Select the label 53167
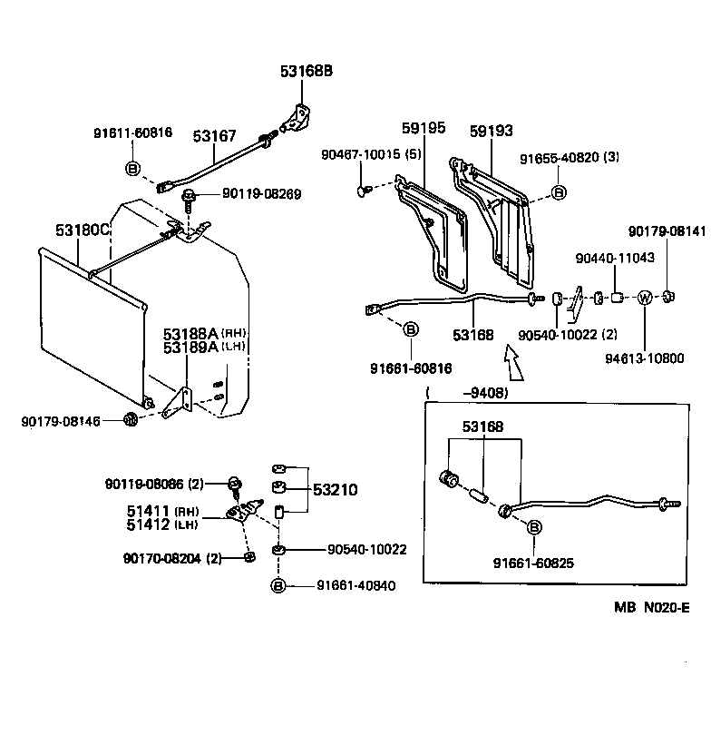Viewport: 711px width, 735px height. pyautogui.click(x=214, y=136)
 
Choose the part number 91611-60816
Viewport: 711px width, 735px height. pyautogui.click(x=132, y=132)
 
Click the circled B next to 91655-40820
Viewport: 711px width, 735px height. pyautogui.click(x=559, y=193)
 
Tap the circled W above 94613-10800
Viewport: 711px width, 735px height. pyautogui.click(x=644, y=298)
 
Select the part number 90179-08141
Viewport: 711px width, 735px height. pyautogui.click(x=667, y=231)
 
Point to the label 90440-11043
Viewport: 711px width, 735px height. pyautogui.click(x=614, y=259)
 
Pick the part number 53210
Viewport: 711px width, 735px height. pyautogui.click(x=336, y=490)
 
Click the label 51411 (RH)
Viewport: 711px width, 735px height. pyautogui.click(x=162, y=511)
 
